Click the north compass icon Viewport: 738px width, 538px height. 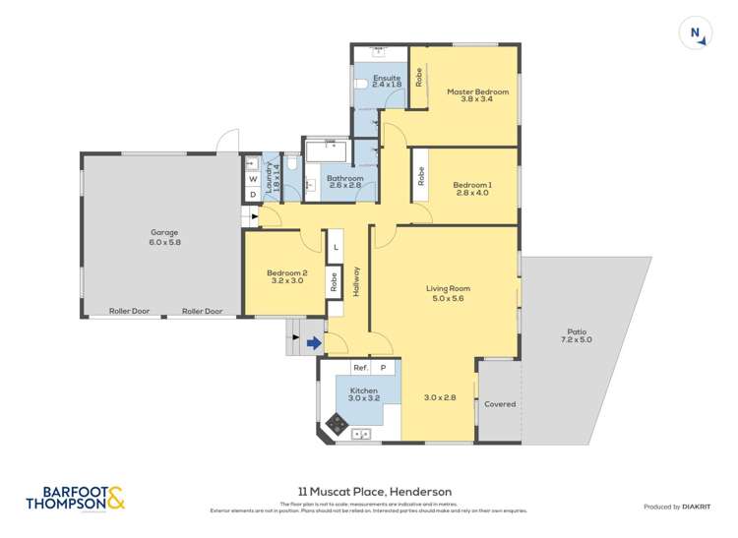coord(695,33)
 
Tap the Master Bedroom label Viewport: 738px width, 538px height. coord(477,92)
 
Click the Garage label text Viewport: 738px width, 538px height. coord(164,233)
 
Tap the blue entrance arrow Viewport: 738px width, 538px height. coord(313,343)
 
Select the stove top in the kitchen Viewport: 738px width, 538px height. coord(337,424)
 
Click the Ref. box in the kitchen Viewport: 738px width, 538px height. coord(360,367)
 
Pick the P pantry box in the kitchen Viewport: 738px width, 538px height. coord(385,367)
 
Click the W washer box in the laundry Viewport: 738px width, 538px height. coord(253,179)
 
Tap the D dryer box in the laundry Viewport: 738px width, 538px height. coord(253,195)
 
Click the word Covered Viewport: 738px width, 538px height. coord(499,404)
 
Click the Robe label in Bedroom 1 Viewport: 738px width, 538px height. coord(420,178)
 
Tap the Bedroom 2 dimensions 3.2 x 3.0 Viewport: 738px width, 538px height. coord(286,280)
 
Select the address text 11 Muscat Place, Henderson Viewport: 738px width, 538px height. coord(368,491)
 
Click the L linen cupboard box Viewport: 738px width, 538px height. coord(335,247)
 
